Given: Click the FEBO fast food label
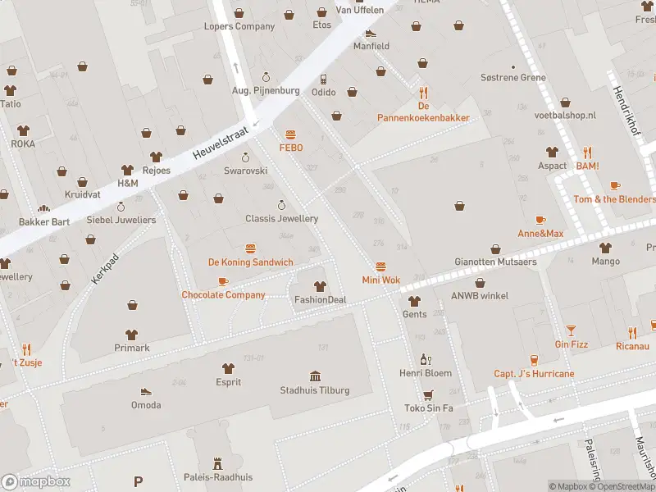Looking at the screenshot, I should coord(291,148).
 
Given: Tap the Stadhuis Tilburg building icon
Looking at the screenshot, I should coord(315,376).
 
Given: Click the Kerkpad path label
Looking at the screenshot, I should coord(100,269).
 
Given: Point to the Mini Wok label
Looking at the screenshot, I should coord(381,280).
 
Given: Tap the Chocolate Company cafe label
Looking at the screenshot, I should coord(223,294).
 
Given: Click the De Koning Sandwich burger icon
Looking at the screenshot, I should coord(250,248).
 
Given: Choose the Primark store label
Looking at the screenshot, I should coord(132,348).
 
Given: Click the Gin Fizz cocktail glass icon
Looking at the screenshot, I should coord(571,330).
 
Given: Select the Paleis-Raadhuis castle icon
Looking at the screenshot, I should coord(217,463).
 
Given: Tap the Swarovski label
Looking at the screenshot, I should coord(246,171).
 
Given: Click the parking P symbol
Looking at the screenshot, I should coord(138,482).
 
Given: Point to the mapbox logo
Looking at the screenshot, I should coord(36,482).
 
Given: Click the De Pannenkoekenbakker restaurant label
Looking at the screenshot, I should coord(423,117).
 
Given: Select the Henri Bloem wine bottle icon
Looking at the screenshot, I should coord(425,359).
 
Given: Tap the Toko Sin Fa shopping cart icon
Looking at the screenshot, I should coord(427,394).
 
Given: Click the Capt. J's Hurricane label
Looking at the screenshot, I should coord(534,373).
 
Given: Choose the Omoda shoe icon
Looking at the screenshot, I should coord(146,391).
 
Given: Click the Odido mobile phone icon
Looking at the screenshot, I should coord(324,79).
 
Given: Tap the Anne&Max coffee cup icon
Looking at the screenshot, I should coord(540,220).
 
